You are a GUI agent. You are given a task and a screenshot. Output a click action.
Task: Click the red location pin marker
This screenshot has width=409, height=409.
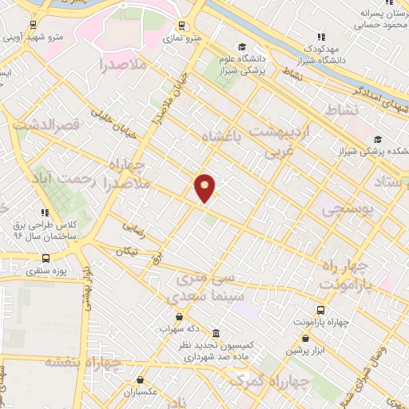pos(205,187)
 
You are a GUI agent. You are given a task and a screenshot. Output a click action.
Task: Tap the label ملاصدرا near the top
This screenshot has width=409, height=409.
pos(124,65)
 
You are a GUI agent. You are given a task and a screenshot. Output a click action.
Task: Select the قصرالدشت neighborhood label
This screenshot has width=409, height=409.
pos(50,126)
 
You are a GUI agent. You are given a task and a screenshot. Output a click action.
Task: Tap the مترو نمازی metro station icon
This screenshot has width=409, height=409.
pos(181,26)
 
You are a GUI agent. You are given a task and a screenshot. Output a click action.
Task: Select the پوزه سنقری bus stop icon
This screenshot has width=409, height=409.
pos(46,259)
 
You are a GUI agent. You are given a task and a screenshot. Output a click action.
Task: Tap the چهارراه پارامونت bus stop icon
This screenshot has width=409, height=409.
pos(320,309)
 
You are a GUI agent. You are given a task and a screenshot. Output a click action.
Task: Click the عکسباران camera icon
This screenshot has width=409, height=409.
pos(141,380)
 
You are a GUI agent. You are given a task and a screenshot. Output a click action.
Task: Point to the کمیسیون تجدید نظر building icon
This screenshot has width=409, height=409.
pos(216,333)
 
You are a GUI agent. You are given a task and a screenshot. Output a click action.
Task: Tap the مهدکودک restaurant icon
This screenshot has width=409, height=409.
pos(321,36)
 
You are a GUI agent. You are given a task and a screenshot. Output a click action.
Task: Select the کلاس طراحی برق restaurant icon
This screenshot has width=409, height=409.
pos(45,212)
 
